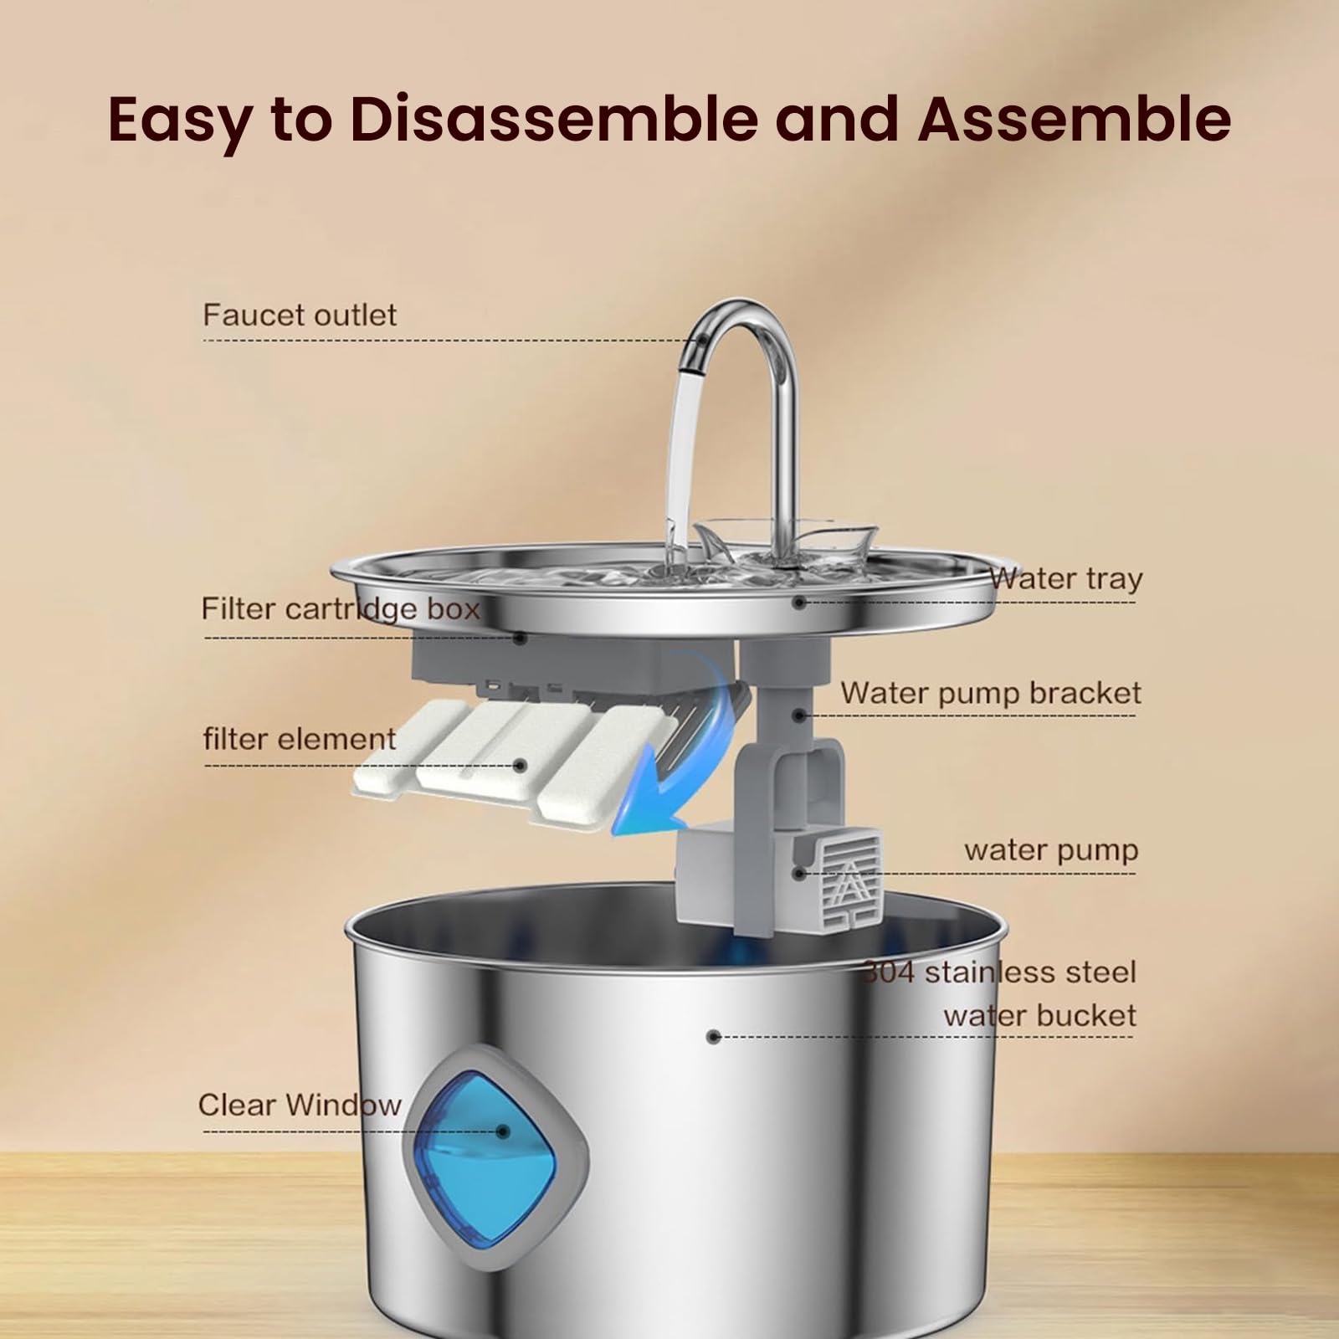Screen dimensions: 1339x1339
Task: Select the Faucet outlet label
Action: (300, 316)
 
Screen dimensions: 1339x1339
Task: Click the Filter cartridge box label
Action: (340, 608)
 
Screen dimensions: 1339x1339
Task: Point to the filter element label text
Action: (299, 739)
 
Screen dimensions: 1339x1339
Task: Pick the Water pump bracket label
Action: (991, 693)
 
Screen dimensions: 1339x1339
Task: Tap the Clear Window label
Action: (299, 1105)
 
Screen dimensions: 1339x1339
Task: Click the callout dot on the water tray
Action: (800, 602)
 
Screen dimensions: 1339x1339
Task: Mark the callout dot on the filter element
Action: (521, 765)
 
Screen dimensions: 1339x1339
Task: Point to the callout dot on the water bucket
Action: (713, 1037)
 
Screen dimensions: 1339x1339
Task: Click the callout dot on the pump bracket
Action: (800, 716)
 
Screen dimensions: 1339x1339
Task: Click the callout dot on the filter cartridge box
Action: (520, 639)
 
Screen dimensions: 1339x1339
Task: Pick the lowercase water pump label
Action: (1051, 850)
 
